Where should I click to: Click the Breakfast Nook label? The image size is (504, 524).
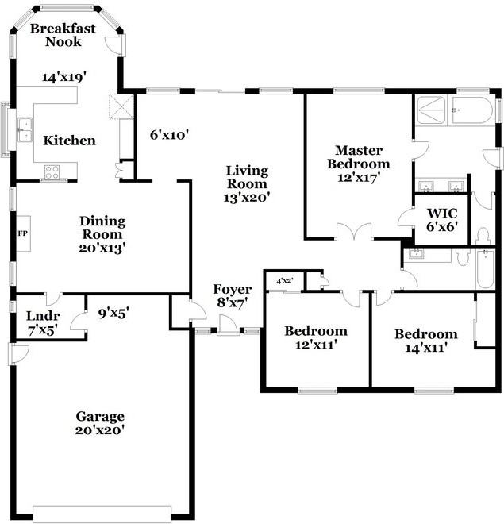click(x=63, y=35)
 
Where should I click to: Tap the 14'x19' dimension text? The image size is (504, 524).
click(x=63, y=77)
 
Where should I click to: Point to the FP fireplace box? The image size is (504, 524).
click(x=23, y=234)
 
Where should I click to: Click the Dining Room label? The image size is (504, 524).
click(x=102, y=234)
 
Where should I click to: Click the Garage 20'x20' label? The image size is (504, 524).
click(x=100, y=423)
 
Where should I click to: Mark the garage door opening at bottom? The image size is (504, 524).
click(x=102, y=511)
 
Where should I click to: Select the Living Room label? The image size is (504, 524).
click(x=247, y=184)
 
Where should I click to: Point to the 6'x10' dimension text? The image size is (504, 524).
click(x=168, y=135)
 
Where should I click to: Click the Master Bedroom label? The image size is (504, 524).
click(x=359, y=164)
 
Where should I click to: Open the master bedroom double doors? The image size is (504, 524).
click(x=353, y=232)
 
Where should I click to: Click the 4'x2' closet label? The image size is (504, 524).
click(x=283, y=281)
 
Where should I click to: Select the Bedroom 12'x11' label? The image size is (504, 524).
click(x=316, y=337)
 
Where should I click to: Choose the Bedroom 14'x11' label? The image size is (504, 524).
click(x=425, y=341)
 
